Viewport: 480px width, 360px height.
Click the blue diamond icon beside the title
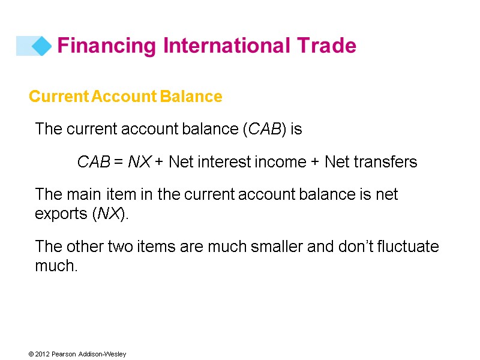[x=41, y=46]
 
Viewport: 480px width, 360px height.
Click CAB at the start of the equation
[x=94, y=162]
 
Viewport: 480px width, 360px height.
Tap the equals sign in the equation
[x=119, y=162]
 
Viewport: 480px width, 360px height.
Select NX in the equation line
[x=139, y=162]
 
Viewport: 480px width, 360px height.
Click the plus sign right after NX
[x=160, y=162]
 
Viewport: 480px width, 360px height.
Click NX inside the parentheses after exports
[x=109, y=214]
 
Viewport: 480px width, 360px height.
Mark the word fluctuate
[x=409, y=247]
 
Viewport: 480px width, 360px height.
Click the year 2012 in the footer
[x=41, y=354]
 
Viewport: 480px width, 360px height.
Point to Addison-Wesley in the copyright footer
[x=104, y=354]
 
